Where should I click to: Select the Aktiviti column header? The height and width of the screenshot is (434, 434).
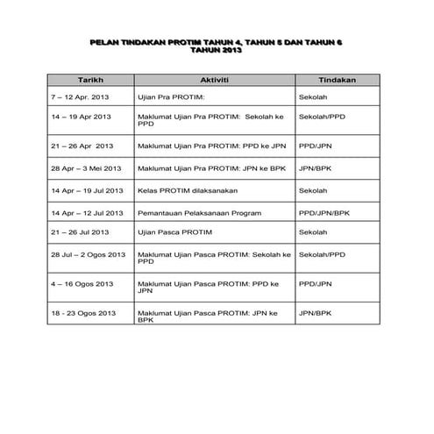[215, 79]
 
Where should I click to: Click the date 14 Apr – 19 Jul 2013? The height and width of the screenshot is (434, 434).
[86, 189]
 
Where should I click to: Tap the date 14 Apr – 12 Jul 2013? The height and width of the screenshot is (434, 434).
[86, 212]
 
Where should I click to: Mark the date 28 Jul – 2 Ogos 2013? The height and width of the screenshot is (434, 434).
[88, 253]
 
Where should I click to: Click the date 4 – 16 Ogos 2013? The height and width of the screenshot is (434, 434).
[82, 283]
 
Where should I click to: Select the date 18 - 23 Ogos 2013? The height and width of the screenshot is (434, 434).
[83, 313]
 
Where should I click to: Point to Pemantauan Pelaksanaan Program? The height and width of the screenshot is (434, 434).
[194, 212]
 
